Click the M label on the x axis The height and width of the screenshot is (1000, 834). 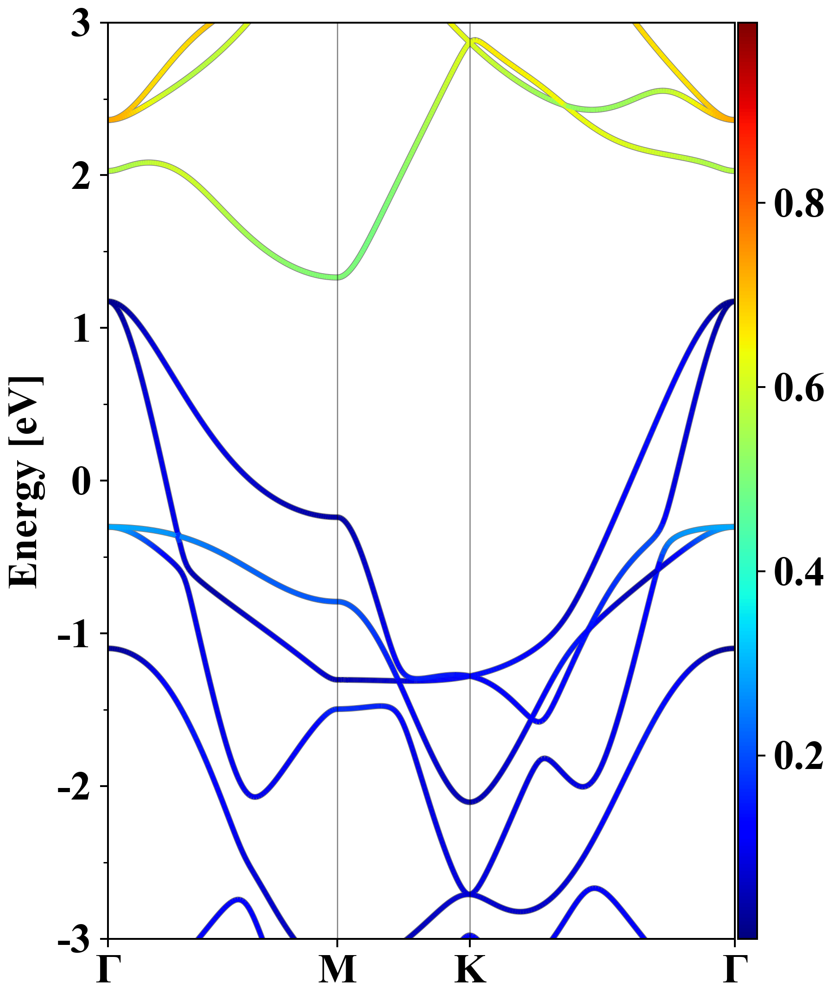coord(337,969)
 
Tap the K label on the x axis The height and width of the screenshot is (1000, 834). coord(470,969)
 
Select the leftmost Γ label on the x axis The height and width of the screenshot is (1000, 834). coord(108,969)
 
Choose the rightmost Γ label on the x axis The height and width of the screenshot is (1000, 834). coord(734,969)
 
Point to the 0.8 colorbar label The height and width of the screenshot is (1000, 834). coord(799,204)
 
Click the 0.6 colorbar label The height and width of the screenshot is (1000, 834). coord(799,387)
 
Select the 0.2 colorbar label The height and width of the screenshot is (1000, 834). coord(799,756)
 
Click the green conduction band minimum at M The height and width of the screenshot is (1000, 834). coord(337,277)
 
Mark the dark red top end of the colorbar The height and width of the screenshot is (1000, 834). coord(747,28)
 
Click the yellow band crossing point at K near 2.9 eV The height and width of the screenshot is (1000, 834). coord(470,43)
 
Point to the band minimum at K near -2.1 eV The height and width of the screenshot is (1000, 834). coord(470,802)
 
